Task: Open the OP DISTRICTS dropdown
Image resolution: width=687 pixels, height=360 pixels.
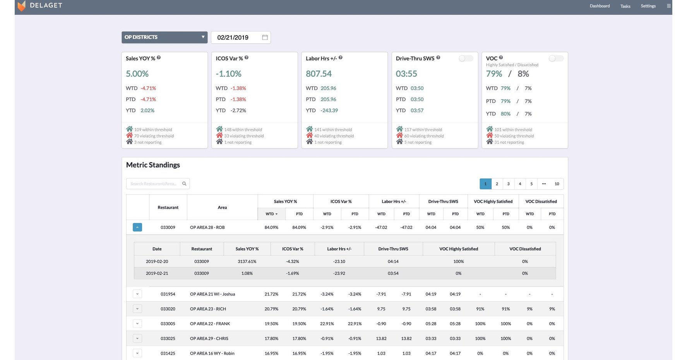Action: coord(164,37)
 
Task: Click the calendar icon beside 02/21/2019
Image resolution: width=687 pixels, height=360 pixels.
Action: coord(265,37)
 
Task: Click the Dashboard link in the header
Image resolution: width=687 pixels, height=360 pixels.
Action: coord(600,6)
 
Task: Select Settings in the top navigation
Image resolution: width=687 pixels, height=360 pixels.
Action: coord(648,6)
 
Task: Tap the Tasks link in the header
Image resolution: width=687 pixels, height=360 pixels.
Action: coord(625,6)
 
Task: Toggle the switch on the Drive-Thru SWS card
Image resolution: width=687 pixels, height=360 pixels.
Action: coord(466,58)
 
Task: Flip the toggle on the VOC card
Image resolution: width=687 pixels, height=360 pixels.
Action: coord(556,58)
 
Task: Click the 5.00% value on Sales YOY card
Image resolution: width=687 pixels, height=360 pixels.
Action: coord(137,74)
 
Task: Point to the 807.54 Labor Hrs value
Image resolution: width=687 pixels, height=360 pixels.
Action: coord(319,74)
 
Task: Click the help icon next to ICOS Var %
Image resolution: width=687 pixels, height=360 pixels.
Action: coord(247,58)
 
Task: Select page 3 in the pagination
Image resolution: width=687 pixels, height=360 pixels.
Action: coord(508,184)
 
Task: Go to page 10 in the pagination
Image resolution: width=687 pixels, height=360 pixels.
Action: coord(557,184)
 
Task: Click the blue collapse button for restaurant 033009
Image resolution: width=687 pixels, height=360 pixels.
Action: coord(137,227)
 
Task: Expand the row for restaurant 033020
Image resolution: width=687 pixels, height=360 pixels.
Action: coord(137,309)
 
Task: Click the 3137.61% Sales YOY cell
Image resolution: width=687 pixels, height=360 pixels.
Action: coord(247,261)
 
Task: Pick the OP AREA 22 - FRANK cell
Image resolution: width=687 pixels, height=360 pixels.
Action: coord(210,324)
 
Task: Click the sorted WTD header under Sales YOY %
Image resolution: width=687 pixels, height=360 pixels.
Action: coord(271,214)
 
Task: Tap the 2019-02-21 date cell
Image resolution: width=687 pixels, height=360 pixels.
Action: coord(157,273)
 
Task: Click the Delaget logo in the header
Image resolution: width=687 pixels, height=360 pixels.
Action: coord(22,6)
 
